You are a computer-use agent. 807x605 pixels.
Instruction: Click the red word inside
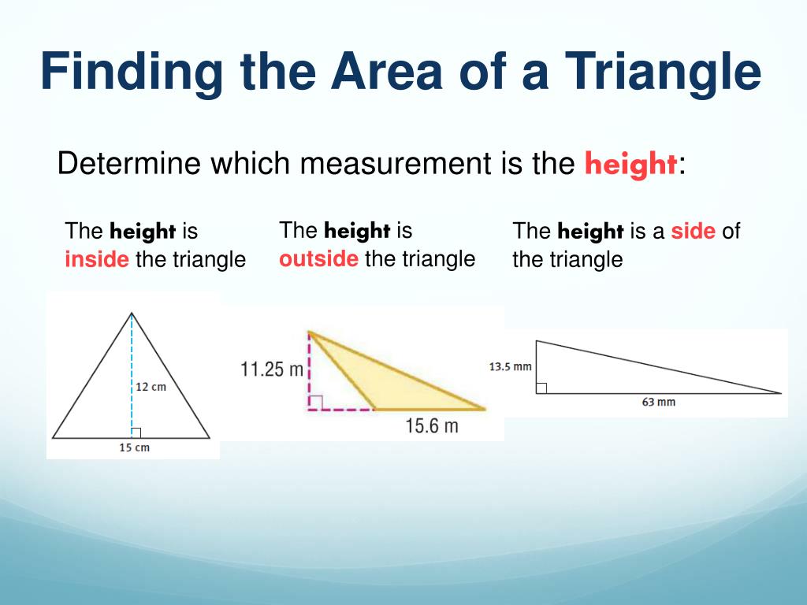[x=97, y=259]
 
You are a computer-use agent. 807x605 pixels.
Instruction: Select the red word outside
[x=318, y=258]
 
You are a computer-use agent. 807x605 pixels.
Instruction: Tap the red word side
[x=693, y=231]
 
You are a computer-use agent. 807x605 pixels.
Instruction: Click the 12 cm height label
[x=151, y=387]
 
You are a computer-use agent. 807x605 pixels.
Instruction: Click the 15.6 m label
[x=432, y=426]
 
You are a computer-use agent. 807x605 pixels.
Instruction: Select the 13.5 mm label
[x=510, y=366]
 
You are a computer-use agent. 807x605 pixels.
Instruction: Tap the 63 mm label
[x=659, y=403]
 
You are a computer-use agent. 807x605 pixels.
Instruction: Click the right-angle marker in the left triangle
[x=136, y=432]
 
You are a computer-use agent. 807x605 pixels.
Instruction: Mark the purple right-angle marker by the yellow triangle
[x=315, y=403]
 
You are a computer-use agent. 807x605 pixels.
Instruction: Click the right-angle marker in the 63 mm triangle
[x=541, y=388]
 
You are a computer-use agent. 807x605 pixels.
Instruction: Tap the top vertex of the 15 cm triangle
[x=132, y=314]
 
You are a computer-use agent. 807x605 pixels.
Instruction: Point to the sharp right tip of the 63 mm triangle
[x=780, y=392]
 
